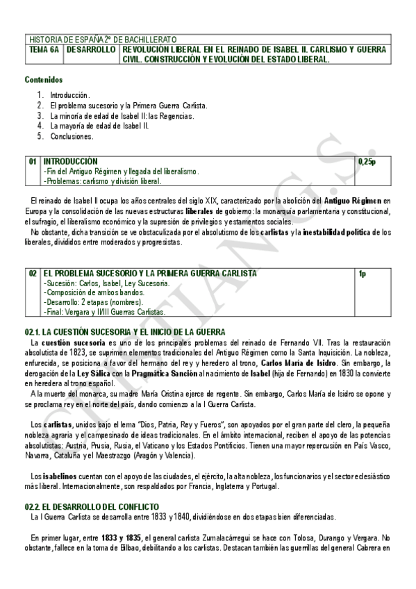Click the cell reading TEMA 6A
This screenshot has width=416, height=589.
45,51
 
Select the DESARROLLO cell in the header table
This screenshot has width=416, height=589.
92,51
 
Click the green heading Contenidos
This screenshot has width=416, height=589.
43,80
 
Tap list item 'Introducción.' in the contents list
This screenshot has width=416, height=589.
69,94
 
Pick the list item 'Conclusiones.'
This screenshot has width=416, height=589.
72,137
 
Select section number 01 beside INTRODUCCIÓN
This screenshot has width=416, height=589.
33,161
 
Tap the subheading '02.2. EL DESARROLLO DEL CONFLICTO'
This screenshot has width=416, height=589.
92,507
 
